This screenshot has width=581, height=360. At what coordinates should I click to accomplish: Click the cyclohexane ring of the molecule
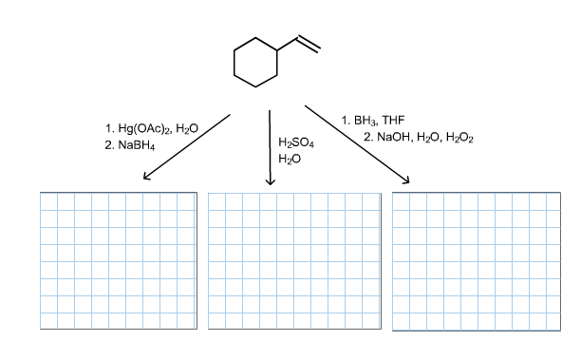[254, 62]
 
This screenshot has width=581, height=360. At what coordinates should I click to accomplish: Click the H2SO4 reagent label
[296, 142]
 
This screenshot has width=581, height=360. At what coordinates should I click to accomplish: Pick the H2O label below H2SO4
[290, 159]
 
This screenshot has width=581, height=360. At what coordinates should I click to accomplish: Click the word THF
[392, 121]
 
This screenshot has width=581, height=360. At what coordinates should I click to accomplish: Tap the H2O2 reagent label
[459, 138]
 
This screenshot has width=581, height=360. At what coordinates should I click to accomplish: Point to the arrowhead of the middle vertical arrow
[271, 182]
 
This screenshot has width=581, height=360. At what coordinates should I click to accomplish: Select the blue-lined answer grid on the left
[119, 260]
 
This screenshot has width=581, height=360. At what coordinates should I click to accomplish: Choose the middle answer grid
[292, 260]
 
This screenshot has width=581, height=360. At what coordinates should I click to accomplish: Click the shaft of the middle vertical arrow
[271, 142]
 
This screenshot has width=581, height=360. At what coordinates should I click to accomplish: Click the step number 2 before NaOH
[367, 138]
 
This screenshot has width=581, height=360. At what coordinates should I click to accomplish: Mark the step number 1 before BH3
[344, 121]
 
